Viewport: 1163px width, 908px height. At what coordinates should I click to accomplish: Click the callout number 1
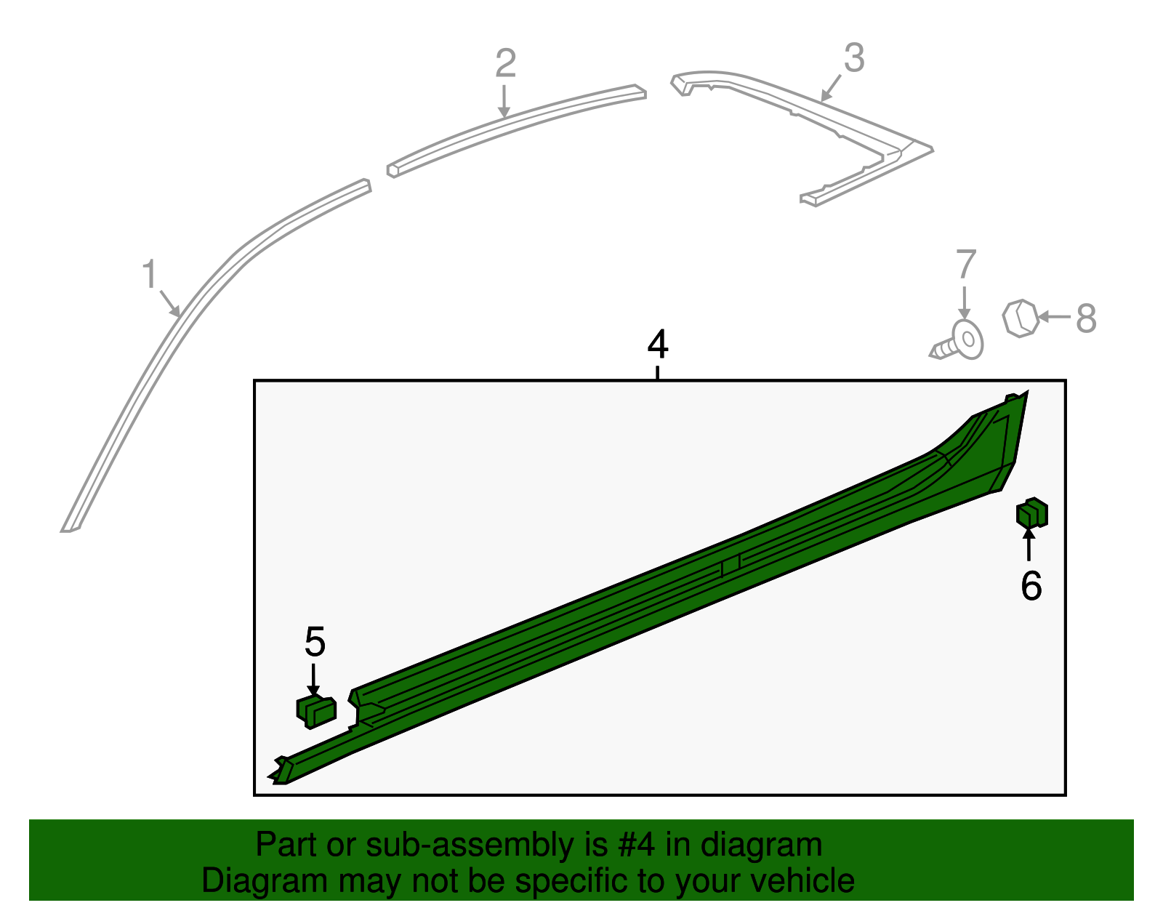[x=149, y=275]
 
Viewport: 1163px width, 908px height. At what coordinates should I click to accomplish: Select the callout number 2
[x=506, y=63]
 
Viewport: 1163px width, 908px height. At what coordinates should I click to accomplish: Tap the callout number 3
[x=854, y=57]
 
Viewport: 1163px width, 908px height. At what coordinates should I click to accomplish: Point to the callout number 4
[x=658, y=344]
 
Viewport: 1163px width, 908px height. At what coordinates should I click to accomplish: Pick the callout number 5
[x=315, y=641]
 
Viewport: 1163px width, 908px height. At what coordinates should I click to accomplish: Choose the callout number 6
[x=1031, y=587]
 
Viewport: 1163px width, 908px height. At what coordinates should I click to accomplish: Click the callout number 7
[x=965, y=264]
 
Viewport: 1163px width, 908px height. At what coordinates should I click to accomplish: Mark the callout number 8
[x=1087, y=318]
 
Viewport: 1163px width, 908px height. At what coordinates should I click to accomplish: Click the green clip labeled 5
[x=316, y=712]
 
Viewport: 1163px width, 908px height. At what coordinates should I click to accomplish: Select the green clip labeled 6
[x=1032, y=513]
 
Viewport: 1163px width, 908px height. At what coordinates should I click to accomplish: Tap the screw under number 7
[x=957, y=341]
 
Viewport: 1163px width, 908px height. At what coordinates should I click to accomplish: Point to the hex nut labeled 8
[x=1021, y=318]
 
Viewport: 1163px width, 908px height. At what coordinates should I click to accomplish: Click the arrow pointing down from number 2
[x=504, y=101]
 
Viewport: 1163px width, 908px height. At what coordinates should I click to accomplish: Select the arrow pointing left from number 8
[x=1054, y=317]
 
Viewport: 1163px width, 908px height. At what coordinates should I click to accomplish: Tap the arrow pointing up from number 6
[x=1029, y=545]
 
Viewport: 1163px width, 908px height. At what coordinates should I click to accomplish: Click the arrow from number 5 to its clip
[x=313, y=680]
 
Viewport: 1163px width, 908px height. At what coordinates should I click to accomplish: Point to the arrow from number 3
[x=830, y=88]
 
